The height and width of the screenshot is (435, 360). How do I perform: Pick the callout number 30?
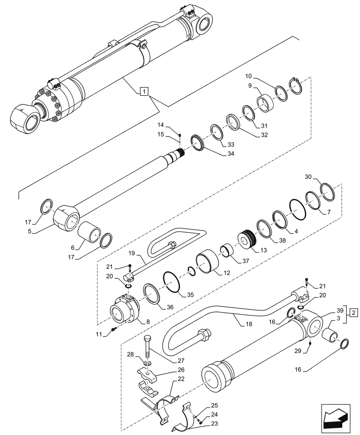[x=308, y=177]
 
